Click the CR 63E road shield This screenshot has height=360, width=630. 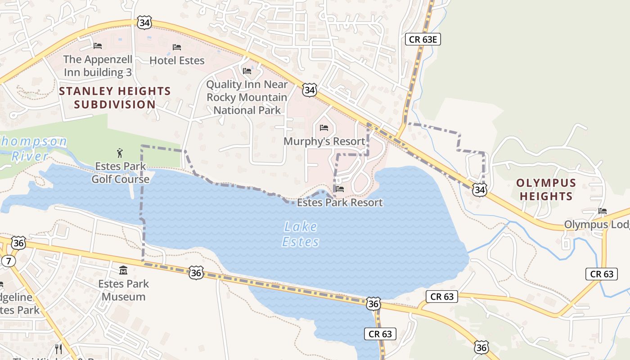(423, 39)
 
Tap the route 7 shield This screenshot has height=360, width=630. (8, 261)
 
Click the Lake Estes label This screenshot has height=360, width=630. (300, 234)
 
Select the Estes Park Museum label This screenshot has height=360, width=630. (123, 290)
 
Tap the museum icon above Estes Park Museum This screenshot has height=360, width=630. (123, 270)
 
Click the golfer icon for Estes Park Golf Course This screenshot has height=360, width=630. (120, 153)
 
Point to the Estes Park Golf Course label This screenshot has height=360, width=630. (121, 173)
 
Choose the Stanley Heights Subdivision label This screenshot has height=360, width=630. (115, 98)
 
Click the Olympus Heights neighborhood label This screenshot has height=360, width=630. (546, 189)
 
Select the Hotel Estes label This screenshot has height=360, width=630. (177, 60)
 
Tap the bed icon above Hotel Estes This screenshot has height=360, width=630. (177, 47)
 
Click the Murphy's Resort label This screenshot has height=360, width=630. (324, 141)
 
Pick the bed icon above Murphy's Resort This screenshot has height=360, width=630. (324, 128)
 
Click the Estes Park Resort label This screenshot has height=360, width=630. (340, 202)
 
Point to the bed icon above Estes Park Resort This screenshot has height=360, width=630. (340, 189)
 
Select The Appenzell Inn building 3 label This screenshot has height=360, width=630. (98, 66)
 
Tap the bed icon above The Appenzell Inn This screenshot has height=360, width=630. (98, 45)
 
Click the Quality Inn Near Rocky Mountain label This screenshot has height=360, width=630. (247, 97)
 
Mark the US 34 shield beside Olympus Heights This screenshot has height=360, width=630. (480, 190)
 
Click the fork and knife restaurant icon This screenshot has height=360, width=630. (58, 349)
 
